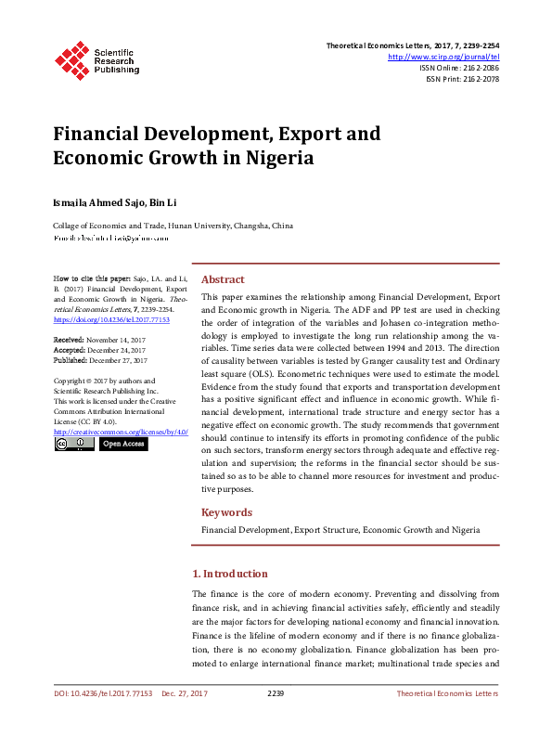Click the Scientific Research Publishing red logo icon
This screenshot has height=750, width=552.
72,58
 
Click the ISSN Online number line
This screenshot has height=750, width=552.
459,68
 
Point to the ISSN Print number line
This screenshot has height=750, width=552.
462,79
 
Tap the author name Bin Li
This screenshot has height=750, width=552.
164,202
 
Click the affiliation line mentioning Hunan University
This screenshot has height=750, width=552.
173,226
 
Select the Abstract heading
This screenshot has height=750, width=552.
223,279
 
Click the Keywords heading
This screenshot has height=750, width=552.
226,511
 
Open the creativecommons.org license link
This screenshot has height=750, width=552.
121,433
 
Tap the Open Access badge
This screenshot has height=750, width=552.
122,444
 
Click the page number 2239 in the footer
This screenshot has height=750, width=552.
276,693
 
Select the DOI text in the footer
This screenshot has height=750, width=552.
102,693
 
